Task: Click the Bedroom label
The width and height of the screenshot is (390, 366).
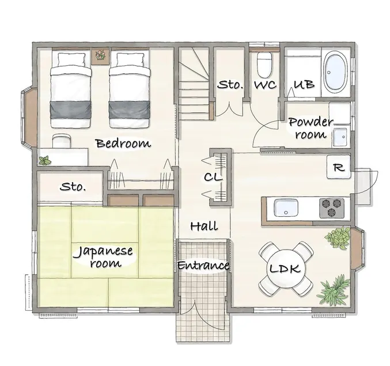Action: [x=123, y=144]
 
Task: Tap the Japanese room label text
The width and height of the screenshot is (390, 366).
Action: [x=103, y=256]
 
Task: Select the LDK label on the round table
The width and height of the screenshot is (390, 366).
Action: [x=285, y=269]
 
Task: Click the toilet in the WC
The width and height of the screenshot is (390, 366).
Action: [x=264, y=65]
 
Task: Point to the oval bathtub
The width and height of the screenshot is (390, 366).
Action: [x=336, y=73]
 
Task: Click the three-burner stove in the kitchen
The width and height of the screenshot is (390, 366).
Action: [x=332, y=207]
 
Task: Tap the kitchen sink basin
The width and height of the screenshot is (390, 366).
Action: [x=286, y=207]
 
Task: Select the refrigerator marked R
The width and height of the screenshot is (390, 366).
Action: [x=339, y=167]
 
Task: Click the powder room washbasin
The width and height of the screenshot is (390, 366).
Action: [x=340, y=137]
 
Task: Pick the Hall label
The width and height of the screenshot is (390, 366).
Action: [x=204, y=226]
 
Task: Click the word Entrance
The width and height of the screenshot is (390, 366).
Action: [x=203, y=265]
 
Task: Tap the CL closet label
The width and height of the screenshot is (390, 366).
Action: [x=213, y=177]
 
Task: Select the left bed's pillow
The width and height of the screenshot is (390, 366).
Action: [x=71, y=60]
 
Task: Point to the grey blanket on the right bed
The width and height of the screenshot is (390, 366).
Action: [x=130, y=110]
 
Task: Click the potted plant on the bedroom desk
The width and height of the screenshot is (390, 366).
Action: [x=45, y=161]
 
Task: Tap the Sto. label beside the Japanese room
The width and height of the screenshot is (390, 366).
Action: [x=73, y=186]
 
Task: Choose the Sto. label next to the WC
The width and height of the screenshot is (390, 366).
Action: [x=230, y=85]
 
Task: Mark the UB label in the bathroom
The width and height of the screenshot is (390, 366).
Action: [x=304, y=84]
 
